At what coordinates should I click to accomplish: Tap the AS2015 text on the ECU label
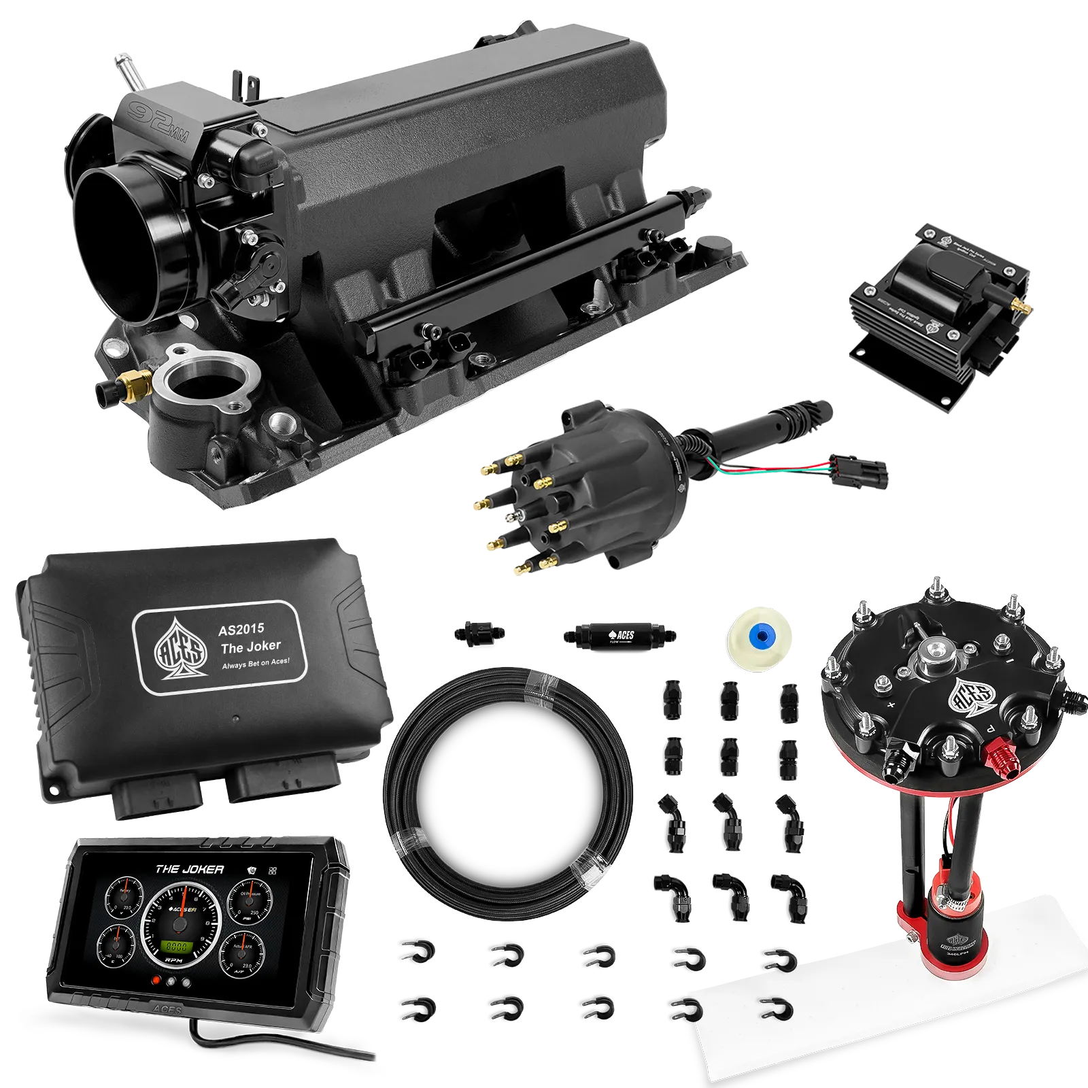pyautogui.click(x=241, y=628)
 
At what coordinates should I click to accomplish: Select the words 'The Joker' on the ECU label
pyautogui.click(x=250, y=646)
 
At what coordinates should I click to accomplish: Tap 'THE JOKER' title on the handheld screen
pyautogui.click(x=189, y=869)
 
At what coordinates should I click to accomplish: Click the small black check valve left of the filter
pyautogui.click(x=478, y=632)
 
